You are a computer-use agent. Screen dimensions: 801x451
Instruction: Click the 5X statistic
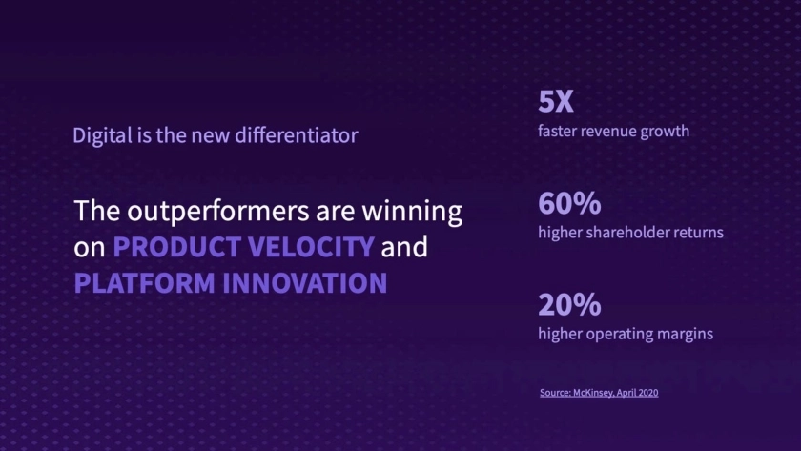pyautogui.click(x=555, y=101)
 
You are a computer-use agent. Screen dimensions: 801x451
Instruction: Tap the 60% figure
pyautogui.click(x=569, y=203)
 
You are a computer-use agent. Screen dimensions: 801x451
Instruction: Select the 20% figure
pyautogui.click(x=569, y=304)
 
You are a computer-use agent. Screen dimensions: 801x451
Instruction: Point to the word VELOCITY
pyautogui.click(x=311, y=247)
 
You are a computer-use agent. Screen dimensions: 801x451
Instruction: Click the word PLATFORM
pyautogui.click(x=145, y=283)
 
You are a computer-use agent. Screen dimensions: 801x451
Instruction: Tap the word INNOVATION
pyautogui.click(x=305, y=283)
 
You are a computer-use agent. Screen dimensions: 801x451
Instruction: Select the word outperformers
pyautogui.click(x=218, y=212)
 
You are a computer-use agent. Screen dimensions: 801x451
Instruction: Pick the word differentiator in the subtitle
pyautogui.click(x=297, y=135)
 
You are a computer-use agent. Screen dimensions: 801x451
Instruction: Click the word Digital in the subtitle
pyautogui.click(x=102, y=135)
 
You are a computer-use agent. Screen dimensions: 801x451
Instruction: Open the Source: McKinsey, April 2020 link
pyautogui.click(x=599, y=392)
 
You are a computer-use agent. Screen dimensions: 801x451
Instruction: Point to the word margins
pyautogui.click(x=685, y=334)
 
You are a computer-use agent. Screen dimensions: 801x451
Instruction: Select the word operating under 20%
pyautogui.click(x=619, y=334)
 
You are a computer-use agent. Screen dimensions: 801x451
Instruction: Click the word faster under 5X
pyautogui.click(x=557, y=132)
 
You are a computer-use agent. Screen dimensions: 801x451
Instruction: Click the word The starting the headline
pyautogui.click(x=97, y=211)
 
